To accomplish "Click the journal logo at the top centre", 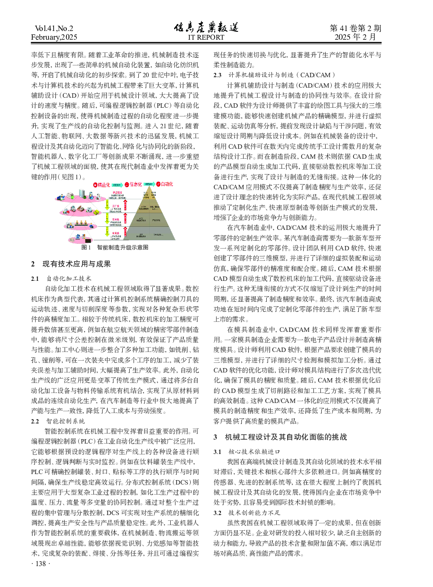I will tap(206, 27).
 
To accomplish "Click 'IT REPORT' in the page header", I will tap(206, 38).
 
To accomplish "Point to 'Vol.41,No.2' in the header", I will tap(54, 28).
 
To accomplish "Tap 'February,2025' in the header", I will tap(54, 37).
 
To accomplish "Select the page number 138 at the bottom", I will tap(41, 563).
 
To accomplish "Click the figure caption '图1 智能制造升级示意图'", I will tap(115, 247).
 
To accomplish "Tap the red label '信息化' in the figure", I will tap(135, 184).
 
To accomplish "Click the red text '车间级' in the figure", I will tap(116, 219).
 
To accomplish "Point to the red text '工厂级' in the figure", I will tap(116, 206).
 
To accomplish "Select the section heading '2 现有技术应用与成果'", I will tap(71, 264).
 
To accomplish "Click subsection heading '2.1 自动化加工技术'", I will tap(61, 278).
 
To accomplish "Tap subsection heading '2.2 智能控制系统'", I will tap(58, 421).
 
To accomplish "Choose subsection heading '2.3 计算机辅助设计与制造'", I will tap(274, 75).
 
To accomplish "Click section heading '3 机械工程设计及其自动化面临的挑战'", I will tap(280, 437).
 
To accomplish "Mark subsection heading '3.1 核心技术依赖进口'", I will tap(247, 451).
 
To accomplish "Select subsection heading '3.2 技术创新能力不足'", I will tap(247, 512).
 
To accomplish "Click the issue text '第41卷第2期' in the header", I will tap(355, 28).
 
